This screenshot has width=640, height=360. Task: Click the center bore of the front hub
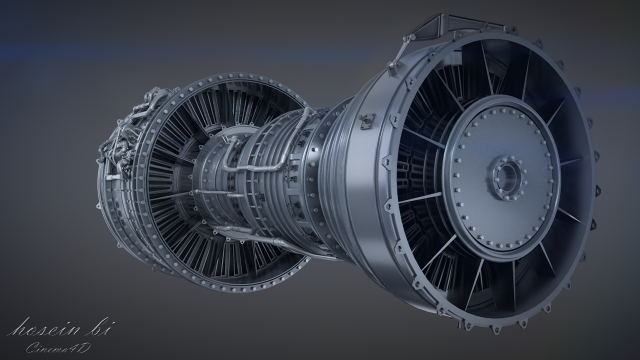click(504, 177)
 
